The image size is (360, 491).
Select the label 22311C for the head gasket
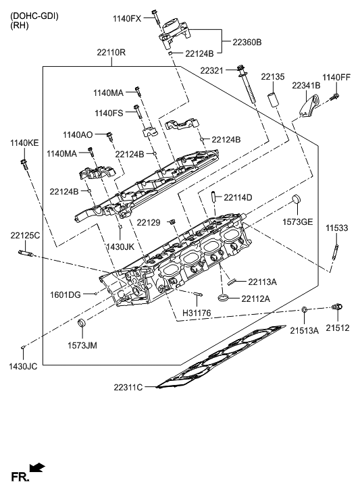(128, 387)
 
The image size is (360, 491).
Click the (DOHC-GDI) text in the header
(34, 15)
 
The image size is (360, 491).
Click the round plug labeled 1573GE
(296, 201)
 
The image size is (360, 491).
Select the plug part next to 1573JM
(82, 327)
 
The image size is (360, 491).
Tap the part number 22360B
(247, 42)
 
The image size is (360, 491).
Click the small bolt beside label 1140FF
(334, 99)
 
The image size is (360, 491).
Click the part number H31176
(198, 313)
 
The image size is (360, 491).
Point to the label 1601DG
(65, 294)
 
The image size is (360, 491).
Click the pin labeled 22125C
(27, 255)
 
